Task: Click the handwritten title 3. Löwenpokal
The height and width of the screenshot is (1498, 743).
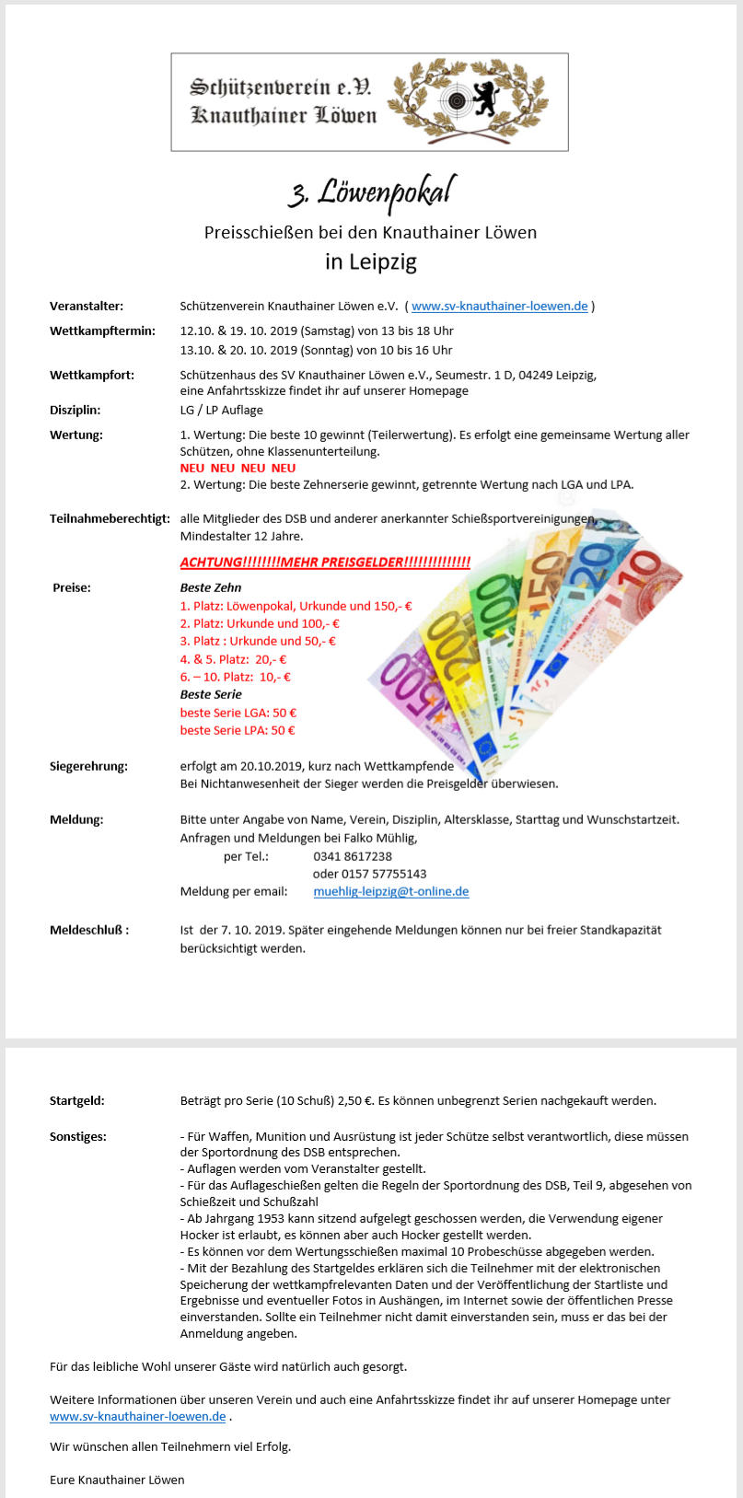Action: (371, 192)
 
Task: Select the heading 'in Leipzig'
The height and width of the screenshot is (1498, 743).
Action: (371, 261)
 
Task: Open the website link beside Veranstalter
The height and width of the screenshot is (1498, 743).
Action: (499, 307)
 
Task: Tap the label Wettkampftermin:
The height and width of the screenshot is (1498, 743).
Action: (102, 331)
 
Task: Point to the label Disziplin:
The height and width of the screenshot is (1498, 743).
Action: (75, 411)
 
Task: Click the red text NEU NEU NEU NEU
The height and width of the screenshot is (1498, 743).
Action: (238, 469)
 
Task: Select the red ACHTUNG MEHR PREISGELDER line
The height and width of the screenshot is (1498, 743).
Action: (325, 563)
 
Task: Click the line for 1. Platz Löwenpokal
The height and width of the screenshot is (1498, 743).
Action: (296, 606)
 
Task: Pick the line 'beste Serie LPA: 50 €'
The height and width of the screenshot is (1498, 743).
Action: (238, 730)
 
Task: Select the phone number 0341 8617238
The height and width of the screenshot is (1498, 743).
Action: (353, 856)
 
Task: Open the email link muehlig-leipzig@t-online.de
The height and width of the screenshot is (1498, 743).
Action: (391, 891)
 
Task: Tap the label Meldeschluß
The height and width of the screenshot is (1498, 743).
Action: (89, 930)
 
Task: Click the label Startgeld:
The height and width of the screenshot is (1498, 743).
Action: (77, 1100)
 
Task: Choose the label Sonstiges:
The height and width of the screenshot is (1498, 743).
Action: (78, 1137)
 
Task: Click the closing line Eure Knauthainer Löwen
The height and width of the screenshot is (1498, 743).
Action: (117, 1480)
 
